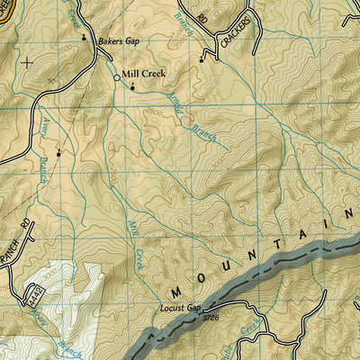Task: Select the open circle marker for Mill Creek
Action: click(x=116, y=79)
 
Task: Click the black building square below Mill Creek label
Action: click(x=133, y=88)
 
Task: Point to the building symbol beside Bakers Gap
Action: click(x=85, y=38)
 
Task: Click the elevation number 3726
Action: click(x=211, y=318)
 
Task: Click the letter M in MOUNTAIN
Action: click(x=176, y=292)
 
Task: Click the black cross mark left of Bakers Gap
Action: click(x=27, y=62)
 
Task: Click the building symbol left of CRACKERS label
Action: click(x=202, y=58)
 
